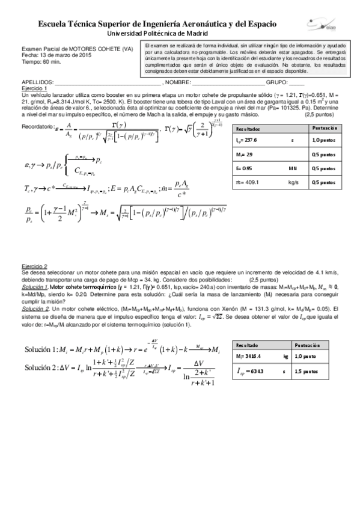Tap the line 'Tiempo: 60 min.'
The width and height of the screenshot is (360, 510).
pyautogui.click(x=40, y=61)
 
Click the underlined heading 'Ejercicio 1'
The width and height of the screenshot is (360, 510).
pyautogui.click(x=34, y=88)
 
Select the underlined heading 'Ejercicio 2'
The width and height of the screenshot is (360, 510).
pyautogui.click(x=34, y=265)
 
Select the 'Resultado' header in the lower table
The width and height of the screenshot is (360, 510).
pyautogui.click(x=248, y=346)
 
